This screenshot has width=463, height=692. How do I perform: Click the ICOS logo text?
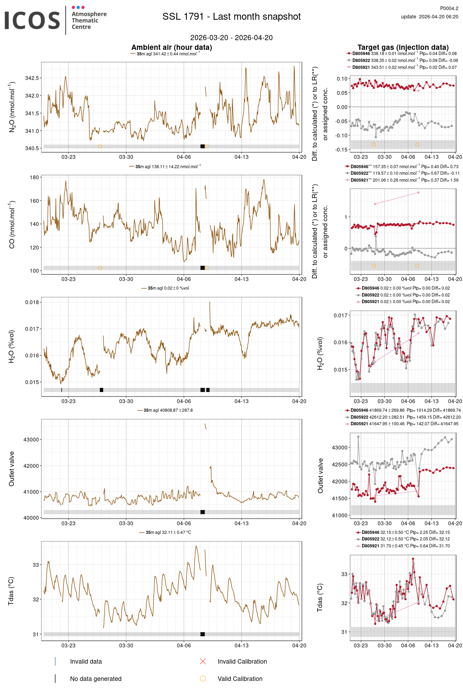click(32, 20)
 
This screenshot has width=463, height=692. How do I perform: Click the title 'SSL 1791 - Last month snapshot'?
click(231, 17)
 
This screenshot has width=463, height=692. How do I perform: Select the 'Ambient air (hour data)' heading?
click(171, 47)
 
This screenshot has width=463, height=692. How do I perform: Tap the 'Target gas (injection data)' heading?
click(403, 47)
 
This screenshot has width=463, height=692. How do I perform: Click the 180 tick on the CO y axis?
click(34, 177)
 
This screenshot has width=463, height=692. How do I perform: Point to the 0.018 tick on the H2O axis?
click(32, 302)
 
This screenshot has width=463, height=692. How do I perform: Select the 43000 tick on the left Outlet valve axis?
click(31, 440)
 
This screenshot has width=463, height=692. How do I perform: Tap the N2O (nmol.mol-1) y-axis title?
click(12, 107)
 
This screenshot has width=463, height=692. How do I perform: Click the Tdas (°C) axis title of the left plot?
click(11, 591)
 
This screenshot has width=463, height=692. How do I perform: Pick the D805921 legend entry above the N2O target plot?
click(361, 67)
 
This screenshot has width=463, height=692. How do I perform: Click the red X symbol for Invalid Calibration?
click(203, 662)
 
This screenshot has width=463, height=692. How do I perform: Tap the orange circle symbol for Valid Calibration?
click(203, 679)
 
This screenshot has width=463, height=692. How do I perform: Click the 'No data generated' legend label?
click(96, 679)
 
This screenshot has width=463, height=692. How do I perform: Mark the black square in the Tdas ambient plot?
click(202, 634)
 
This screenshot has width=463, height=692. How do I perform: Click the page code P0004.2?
click(449, 8)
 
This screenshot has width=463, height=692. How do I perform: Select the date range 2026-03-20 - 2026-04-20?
click(231, 38)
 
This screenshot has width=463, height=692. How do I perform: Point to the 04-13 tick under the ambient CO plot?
click(241, 279)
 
